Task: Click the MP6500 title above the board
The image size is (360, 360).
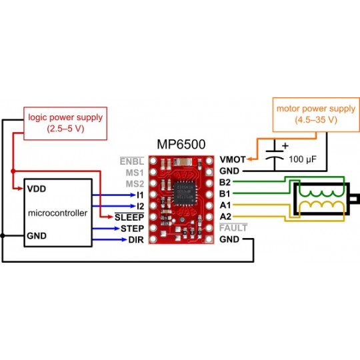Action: click(181, 144)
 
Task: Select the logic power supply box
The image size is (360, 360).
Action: click(65, 123)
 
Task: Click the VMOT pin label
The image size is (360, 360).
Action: click(233, 160)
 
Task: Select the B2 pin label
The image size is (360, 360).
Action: click(225, 182)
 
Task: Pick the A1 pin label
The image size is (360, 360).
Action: click(225, 205)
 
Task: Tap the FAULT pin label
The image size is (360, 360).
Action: click(233, 228)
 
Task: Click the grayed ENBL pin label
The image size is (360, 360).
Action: click(131, 161)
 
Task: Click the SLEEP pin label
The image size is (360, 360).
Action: click(129, 217)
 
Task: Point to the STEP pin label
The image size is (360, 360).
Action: click(131, 228)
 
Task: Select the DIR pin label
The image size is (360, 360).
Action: click(135, 239)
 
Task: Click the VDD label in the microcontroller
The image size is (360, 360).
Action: click(37, 189)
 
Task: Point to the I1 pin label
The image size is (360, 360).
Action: click(140, 194)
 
